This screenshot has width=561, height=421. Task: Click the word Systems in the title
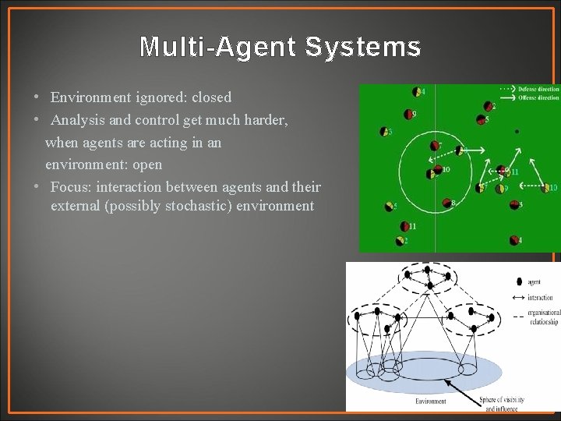pyautogui.click(x=363, y=48)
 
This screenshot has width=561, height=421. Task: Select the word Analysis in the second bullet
pyautogui.click(x=79, y=120)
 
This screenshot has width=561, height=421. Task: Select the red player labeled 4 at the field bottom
pyautogui.click(x=513, y=240)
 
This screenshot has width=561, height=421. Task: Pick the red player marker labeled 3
pyautogui.click(x=513, y=205)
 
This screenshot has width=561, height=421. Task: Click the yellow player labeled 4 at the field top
pyautogui.click(x=416, y=91)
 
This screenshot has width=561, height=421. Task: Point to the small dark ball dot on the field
pyautogui.click(x=517, y=132)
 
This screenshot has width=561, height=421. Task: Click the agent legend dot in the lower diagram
pyautogui.click(x=520, y=281)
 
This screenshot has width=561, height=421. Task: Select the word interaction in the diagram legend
pyautogui.click(x=541, y=297)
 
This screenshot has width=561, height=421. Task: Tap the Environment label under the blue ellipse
pyautogui.click(x=431, y=401)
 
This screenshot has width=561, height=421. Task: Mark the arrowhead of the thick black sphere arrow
pyautogui.click(x=445, y=380)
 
